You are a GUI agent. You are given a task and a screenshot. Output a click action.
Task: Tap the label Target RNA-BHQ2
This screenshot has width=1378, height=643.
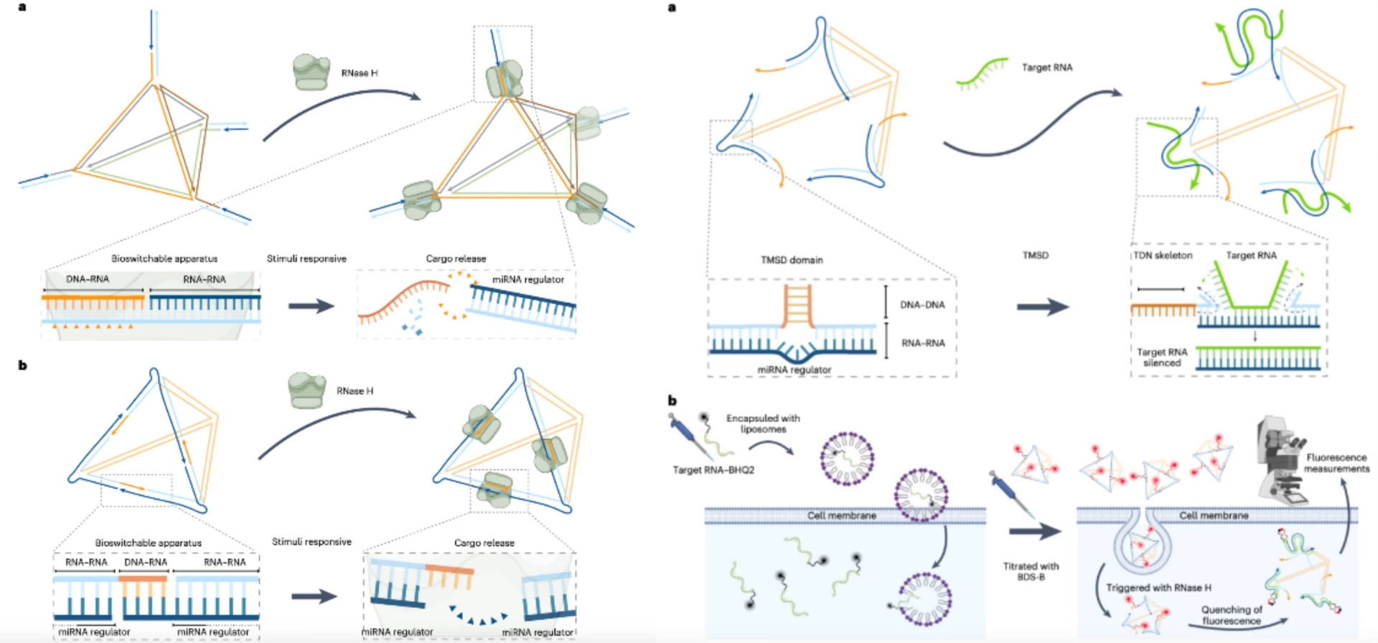click(713, 470)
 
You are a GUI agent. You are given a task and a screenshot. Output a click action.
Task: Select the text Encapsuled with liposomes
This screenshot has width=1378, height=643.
click(763, 423)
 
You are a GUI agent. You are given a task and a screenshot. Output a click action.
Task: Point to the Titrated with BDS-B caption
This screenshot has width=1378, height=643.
click(1031, 571)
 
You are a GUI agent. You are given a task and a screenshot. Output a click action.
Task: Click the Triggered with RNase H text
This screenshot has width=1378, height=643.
click(1158, 588)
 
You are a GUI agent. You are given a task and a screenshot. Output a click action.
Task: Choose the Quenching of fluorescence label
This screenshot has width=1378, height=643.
click(1231, 615)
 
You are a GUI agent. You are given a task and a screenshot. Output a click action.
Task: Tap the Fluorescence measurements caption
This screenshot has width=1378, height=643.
click(1336, 463)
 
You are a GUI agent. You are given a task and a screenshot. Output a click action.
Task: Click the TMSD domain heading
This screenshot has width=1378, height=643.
click(792, 260)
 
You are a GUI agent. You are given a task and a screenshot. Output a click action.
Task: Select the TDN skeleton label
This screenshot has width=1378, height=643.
click(1163, 255)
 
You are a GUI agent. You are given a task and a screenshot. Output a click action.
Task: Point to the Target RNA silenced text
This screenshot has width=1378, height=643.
click(1162, 357)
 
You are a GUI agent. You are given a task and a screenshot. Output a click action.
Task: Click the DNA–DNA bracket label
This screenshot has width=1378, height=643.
click(922, 305)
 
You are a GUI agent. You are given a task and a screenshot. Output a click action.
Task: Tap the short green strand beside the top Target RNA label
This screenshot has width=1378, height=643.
click(982, 74)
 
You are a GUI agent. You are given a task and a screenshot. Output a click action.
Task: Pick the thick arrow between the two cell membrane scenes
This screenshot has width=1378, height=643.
click(1034, 532)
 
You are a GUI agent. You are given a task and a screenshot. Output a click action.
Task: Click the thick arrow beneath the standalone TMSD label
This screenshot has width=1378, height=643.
click(1042, 307)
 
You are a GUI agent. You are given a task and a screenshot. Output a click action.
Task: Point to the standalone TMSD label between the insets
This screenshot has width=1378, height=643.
click(1035, 255)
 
